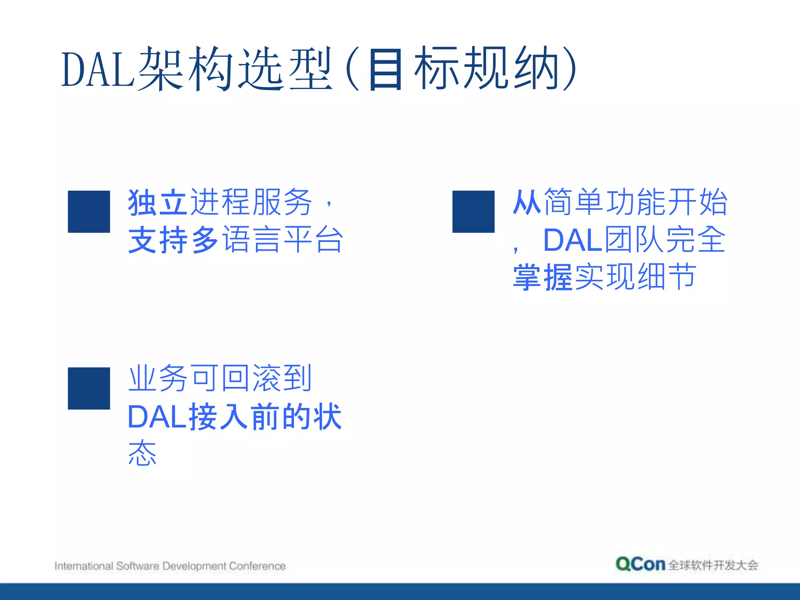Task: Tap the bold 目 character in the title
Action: [385, 70]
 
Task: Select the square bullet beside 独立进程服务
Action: [89, 211]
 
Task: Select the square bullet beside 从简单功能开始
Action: [473, 211]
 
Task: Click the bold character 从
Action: [527, 202]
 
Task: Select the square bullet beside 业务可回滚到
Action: [89, 388]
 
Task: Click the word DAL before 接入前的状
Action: [157, 417]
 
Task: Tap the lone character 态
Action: [142, 453]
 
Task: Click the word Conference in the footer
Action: [257, 566]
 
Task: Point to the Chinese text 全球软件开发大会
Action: [713, 565]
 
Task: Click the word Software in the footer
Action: [137, 566]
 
